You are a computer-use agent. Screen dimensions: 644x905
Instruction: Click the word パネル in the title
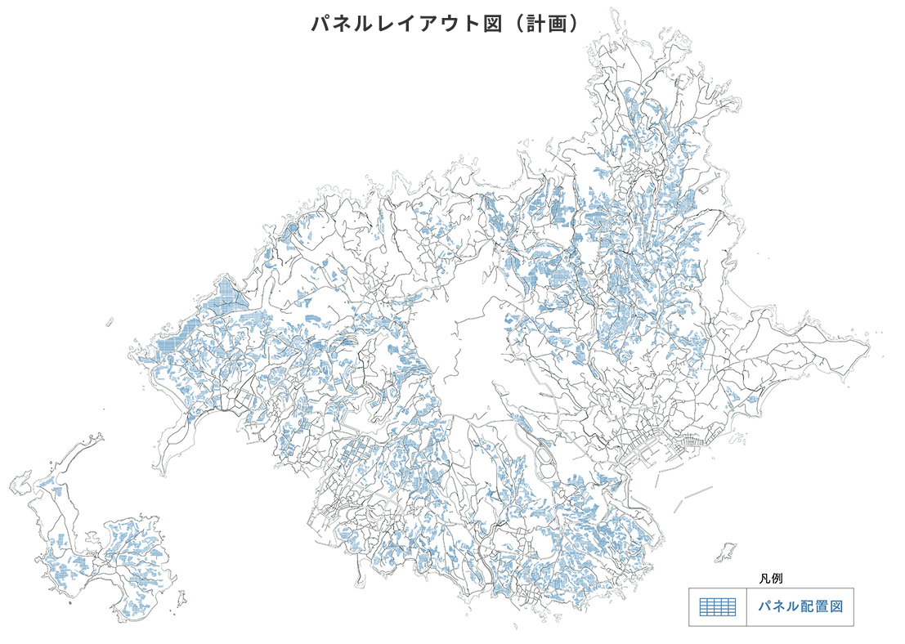click(336, 23)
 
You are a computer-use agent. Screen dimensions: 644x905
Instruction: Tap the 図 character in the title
click(492, 23)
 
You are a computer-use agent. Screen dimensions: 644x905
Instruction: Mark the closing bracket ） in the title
click(576, 23)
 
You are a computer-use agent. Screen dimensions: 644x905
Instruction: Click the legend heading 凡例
click(771, 578)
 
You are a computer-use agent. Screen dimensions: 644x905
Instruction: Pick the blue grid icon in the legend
click(718, 607)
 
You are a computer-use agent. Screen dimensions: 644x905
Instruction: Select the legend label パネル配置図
click(800, 607)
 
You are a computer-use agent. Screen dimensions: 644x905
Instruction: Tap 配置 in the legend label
click(806, 607)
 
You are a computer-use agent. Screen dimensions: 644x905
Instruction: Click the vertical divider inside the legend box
click(746, 607)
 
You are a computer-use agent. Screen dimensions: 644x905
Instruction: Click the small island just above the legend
click(724, 553)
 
